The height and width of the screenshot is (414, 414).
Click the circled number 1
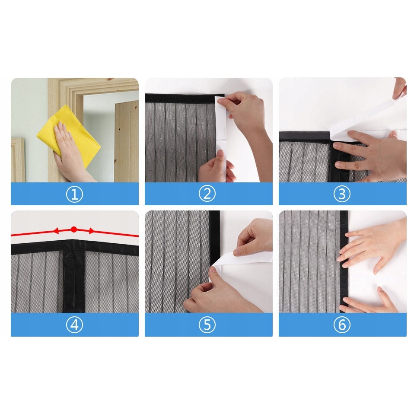pos(74,194)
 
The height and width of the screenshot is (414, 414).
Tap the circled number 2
pos(207,194)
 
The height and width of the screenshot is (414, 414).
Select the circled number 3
pos(342,194)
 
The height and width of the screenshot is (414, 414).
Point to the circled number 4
pos(74,325)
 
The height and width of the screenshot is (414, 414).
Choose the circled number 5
pos(207,325)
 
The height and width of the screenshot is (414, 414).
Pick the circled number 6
pos(342,325)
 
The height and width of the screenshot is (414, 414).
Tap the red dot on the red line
pos(74,229)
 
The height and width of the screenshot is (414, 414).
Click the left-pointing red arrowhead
pos(56,231)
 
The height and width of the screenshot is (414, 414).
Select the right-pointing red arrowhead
pos(91,231)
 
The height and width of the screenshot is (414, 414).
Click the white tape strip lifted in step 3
pos(367,116)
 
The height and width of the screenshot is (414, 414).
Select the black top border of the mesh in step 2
pos(184,99)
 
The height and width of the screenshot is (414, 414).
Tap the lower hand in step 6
pos(369,301)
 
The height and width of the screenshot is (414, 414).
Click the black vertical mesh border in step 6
pos(344,261)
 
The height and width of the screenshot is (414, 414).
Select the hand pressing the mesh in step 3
pos(369,156)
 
